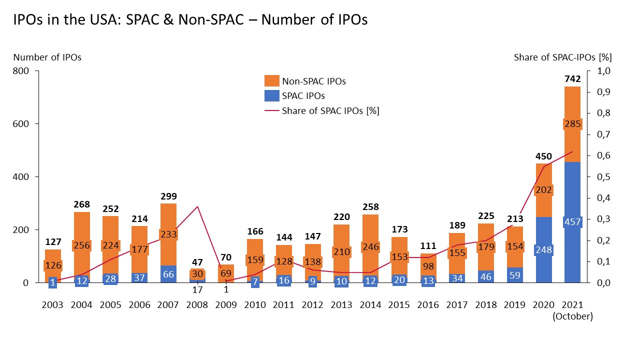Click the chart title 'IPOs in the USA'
190,20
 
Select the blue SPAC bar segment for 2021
572,255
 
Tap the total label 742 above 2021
572,79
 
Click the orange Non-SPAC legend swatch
271,81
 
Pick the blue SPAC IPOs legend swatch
271,95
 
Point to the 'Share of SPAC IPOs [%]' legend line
271,111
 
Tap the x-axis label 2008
197,305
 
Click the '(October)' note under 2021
572,316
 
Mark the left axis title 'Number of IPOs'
47,57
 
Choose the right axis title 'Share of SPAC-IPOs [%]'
562,57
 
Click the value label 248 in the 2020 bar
543,249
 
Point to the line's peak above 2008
197,206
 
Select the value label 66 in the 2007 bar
168,274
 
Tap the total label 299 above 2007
168,196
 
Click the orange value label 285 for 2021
572,123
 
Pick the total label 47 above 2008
197,262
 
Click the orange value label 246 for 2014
370,246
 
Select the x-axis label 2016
428,305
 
